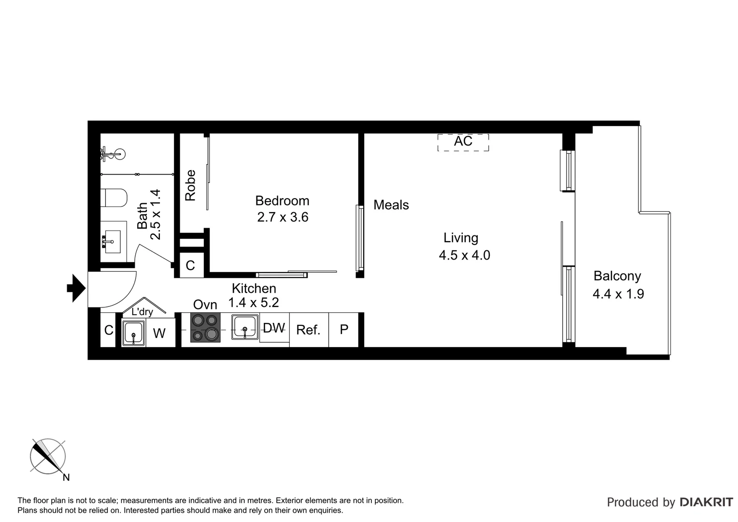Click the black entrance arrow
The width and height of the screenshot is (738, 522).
coord(76,289)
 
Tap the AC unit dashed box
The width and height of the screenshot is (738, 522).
coord(463,142)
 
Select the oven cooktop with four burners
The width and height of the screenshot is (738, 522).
coord(205,328)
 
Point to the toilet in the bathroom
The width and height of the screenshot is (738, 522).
coord(115,198)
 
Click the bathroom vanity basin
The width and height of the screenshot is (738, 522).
coord(113,239)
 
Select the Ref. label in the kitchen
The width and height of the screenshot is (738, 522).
coord(308,330)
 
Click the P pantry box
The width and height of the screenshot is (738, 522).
coord(344,330)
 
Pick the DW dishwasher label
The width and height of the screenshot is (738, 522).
coord(274,328)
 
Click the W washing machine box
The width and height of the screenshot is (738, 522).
coord(159,333)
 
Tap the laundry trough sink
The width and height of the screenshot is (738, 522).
coord(133,333)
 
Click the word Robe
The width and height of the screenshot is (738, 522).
coord(191,185)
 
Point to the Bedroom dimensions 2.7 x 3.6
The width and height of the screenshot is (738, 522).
coord(283,217)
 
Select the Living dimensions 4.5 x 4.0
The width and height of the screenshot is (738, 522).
coord(464,255)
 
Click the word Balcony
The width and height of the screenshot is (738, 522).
coord(617,276)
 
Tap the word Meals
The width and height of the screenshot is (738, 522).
coord(391,205)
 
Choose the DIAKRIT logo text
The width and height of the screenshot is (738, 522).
coord(706,502)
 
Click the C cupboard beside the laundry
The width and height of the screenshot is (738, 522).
coord(109,330)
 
